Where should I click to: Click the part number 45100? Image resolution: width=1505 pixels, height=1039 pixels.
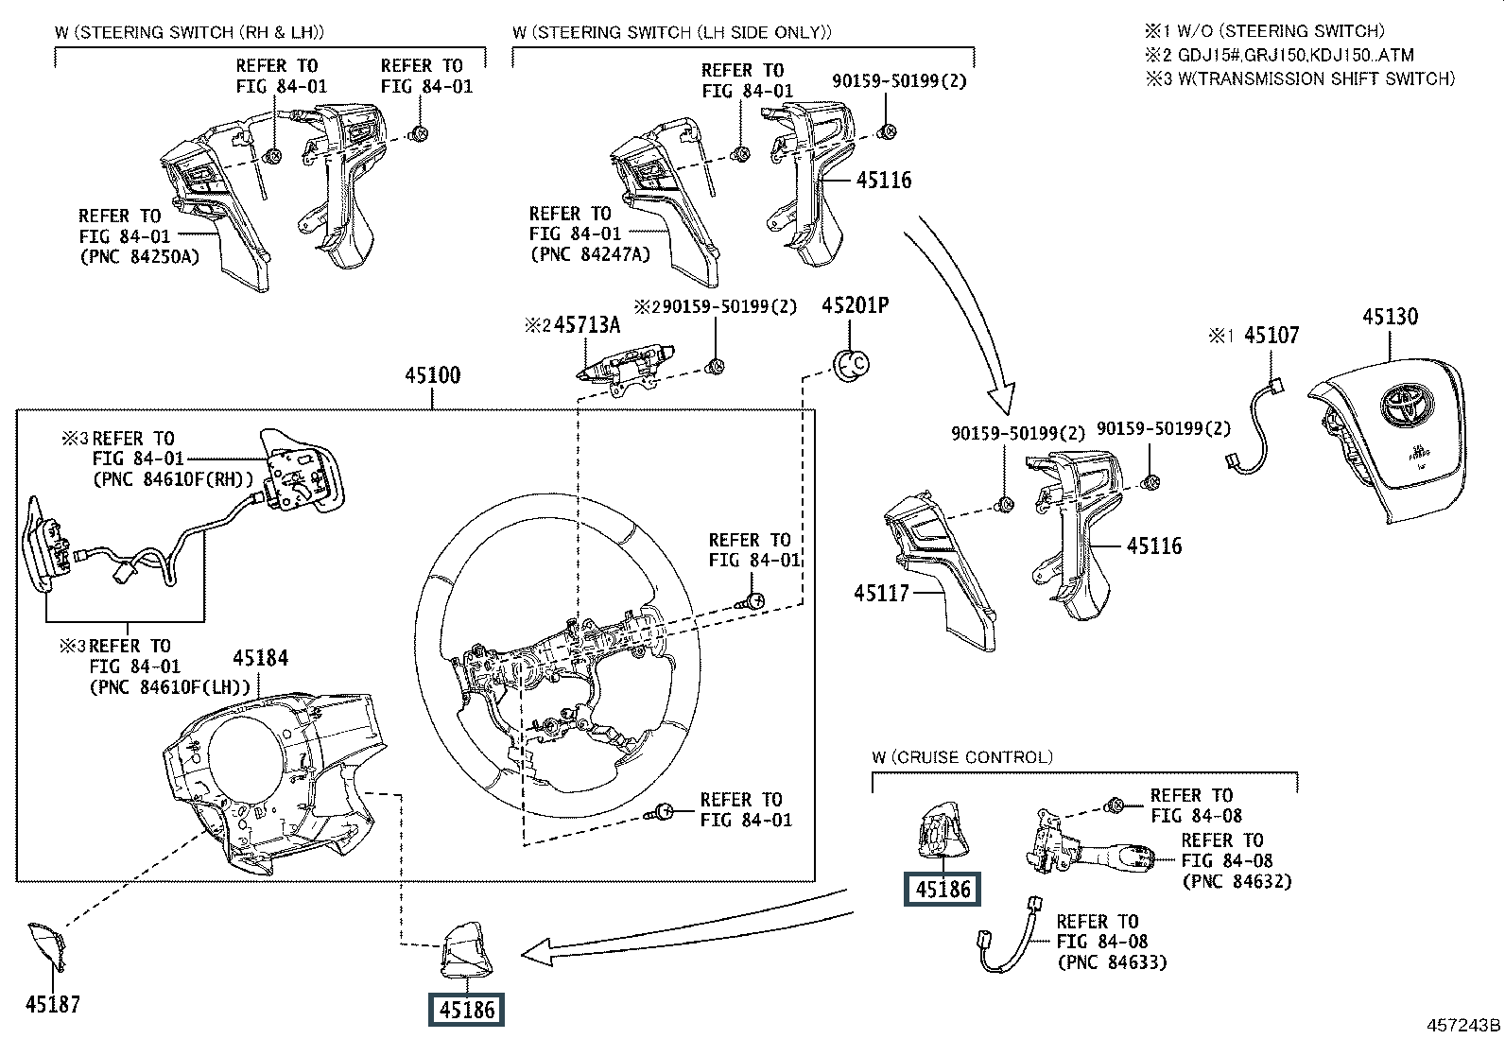click(x=432, y=375)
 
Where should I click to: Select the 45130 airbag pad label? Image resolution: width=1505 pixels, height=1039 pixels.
click(x=1390, y=317)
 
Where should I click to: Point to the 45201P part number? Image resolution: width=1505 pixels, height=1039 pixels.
click(x=855, y=305)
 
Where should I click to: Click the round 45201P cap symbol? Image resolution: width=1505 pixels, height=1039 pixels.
click(x=850, y=363)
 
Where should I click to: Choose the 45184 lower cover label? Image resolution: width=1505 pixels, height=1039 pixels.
click(x=261, y=659)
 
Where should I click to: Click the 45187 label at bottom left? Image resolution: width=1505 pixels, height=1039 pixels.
click(x=53, y=1004)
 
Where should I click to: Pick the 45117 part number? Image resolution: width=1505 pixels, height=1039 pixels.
click(x=881, y=593)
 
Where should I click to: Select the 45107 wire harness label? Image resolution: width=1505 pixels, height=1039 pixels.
click(x=1271, y=335)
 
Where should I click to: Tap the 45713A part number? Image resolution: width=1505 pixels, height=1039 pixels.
click(x=586, y=325)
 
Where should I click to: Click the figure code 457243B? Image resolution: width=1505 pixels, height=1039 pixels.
click(x=1463, y=1025)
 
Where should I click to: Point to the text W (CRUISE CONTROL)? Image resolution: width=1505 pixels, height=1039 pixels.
click(x=962, y=757)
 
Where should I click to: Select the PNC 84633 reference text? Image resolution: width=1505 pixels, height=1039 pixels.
click(x=1112, y=962)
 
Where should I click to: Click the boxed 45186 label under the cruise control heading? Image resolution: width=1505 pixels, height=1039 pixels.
click(x=943, y=889)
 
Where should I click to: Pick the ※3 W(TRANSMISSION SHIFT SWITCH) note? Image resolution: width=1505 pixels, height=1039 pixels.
click(x=1300, y=79)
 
